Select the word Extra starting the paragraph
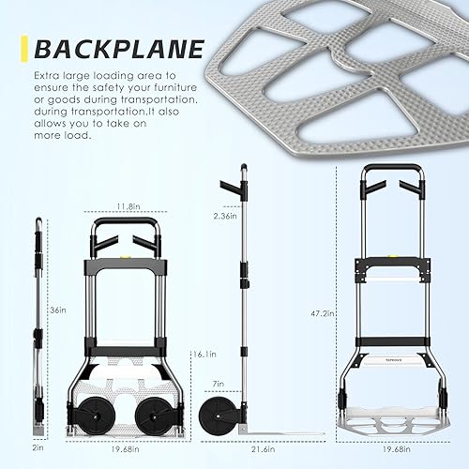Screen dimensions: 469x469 click(47, 75)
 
